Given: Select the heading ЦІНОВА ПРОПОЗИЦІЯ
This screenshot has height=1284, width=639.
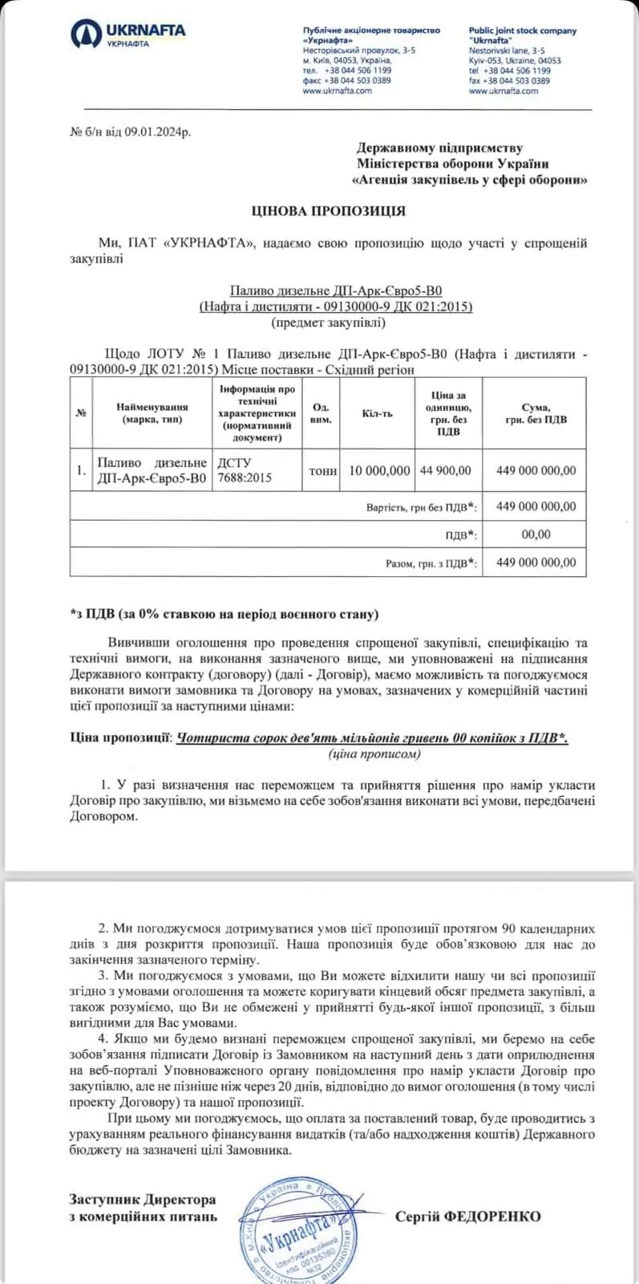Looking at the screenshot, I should pyautogui.click(x=328, y=211).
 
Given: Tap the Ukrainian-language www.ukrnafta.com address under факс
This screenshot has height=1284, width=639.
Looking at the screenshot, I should pyautogui.click(x=337, y=91).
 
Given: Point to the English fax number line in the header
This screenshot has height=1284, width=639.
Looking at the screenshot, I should pyautogui.click(x=509, y=80).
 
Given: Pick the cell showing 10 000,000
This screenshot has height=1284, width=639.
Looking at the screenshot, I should pyautogui.click(x=379, y=470).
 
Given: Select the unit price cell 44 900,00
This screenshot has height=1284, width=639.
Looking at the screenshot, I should pyautogui.click(x=446, y=470).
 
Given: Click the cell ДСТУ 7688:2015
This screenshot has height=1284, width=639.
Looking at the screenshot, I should pyautogui.click(x=244, y=470).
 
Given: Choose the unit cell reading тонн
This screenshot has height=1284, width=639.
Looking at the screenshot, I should pyautogui.click(x=322, y=471).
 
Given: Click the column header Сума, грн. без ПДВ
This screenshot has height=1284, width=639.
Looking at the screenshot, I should pyautogui.click(x=535, y=413).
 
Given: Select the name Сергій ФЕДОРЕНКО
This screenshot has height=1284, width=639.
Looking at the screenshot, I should pyautogui.click(x=467, y=1216).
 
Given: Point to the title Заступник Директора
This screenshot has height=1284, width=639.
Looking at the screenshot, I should pyautogui.click(x=143, y=1200).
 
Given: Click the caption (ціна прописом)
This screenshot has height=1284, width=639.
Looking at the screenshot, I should pyautogui.click(x=374, y=754).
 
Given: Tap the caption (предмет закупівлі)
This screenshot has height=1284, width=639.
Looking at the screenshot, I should pyautogui.click(x=328, y=323).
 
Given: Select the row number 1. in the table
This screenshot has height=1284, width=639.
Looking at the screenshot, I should pyautogui.click(x=81, y=470).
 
